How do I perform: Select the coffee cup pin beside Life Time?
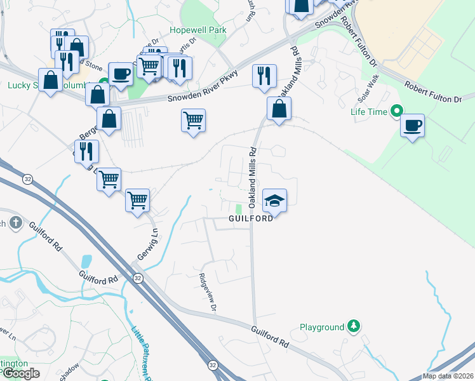[x=412, y=125]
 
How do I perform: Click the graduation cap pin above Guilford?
[x=274, y=201]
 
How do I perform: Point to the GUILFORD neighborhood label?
[x=251, y=218]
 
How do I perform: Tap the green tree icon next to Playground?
[x=354, y=327]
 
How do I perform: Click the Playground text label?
[x=322, y=328]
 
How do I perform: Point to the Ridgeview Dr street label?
[x=207, y=293]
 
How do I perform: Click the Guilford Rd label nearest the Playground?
[x=271, y=337]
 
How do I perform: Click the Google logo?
[x=21, y=373]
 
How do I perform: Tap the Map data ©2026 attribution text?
[x=448, y=376]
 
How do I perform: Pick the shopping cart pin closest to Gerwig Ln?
[x=137, y=200]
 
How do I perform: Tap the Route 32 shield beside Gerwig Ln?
[x=137, y=279]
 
